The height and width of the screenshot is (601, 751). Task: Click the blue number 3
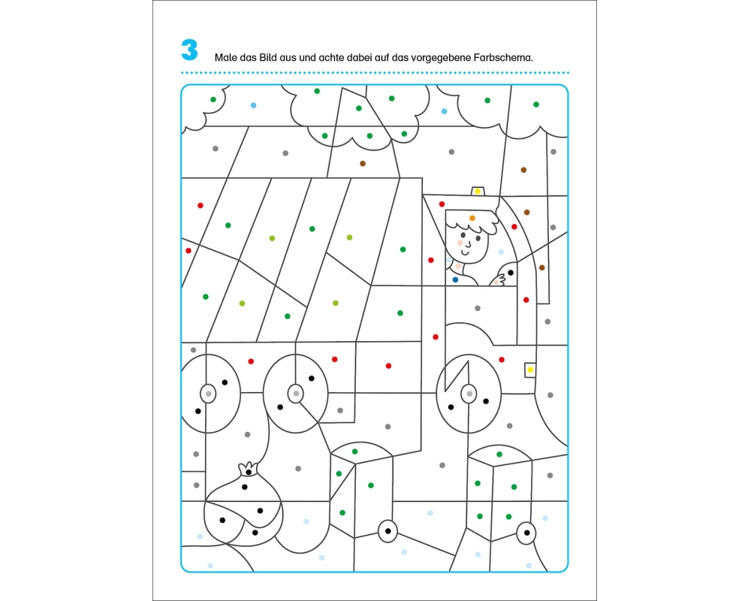click(x=189, y=50)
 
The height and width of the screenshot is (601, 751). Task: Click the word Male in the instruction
click(x=225, y=58)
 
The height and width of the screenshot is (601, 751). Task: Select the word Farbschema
click(x=503, y=58)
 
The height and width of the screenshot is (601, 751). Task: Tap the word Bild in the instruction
click(x=268, y=58)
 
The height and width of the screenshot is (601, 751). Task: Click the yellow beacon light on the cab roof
click(x=478, y=192)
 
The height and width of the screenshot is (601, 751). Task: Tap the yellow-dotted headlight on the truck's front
click(x=530, y=370)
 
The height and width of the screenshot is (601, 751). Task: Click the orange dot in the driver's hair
click(x=472, y=218)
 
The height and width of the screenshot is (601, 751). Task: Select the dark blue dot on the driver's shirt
click(x=455, y=280)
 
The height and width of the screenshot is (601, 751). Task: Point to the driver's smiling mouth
click(x=468, y=246)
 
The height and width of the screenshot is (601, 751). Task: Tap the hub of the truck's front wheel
click(x=469, y=394)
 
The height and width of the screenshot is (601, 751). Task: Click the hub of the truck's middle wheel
click(x=295, y=394)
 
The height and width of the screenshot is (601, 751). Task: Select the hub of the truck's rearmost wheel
click(x=208, y=394)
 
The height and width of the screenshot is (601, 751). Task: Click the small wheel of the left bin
click(x=388, y=531)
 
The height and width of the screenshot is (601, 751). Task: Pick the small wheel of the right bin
click(x=526, y=533)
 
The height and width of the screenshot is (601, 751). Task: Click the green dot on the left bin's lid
click(x=355, y=452)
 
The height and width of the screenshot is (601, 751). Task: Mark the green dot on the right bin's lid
click(x=499, y=455)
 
